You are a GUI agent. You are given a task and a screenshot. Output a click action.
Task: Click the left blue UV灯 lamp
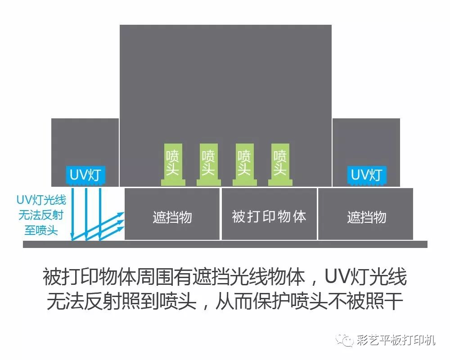click(x=85, y=174)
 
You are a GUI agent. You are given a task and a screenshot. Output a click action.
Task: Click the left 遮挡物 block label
click(x=172, y=217)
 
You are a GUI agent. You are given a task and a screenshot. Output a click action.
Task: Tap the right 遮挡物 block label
click(x=366, y=217)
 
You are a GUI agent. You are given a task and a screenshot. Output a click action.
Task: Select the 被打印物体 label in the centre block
click(x=269, y=216)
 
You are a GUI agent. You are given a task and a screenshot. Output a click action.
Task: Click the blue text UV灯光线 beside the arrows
click(x=41, y=200)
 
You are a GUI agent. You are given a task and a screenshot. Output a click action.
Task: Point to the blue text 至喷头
click(x=41, y=230)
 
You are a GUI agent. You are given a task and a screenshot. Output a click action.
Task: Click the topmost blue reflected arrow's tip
click(x=122, y=213)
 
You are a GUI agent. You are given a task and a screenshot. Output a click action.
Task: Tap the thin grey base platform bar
click(x=225, y=244)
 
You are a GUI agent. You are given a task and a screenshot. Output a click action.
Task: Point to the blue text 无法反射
click(x=41, y=215)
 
